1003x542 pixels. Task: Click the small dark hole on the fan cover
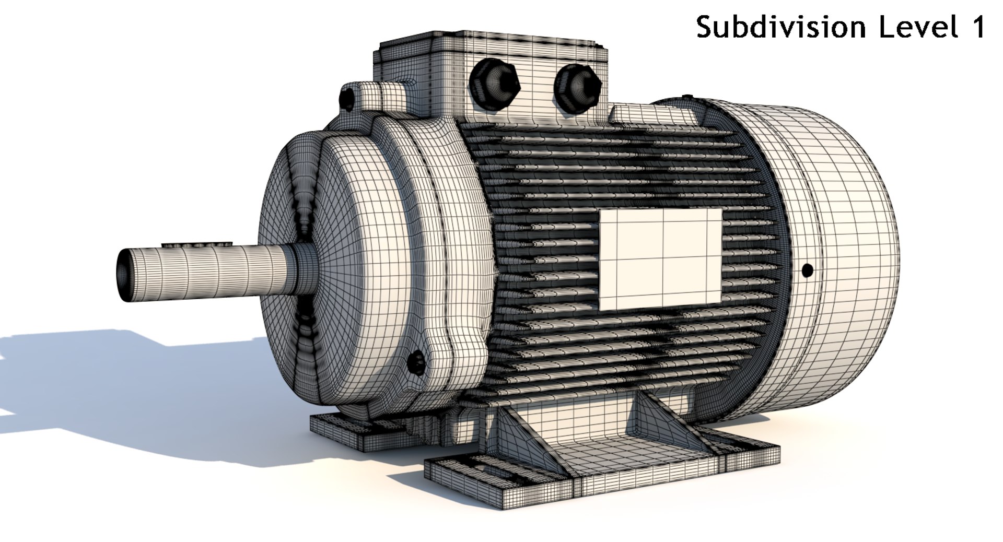[x=807, y=270]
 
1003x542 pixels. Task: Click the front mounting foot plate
[x=601, y=470]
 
